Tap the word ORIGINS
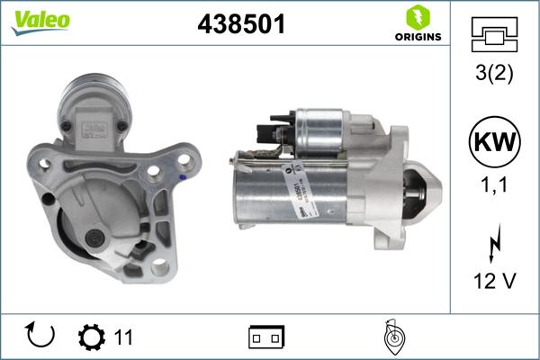(417, 37)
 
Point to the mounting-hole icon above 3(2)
(492, 35)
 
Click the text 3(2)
(492, 75)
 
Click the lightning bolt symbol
(492, 242)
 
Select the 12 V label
(492, 282)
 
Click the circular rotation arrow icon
(41, 337)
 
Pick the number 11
(123, 337)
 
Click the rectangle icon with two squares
(266, 337)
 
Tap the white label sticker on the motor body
(301, 193)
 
